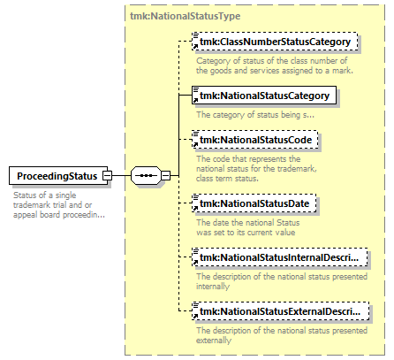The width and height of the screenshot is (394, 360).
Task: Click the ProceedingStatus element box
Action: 58,176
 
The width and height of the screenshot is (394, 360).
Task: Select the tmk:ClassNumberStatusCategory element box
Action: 275,42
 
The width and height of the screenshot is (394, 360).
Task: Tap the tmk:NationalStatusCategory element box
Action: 264,96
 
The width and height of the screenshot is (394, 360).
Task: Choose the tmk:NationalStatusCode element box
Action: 255,140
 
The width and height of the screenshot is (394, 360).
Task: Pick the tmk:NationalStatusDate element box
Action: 254,203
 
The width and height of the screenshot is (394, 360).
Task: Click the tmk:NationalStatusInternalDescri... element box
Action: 280,257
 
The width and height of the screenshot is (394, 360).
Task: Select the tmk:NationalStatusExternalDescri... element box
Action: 280,311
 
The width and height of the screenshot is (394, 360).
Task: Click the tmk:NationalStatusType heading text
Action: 186,16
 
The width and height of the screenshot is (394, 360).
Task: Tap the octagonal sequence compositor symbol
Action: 146,176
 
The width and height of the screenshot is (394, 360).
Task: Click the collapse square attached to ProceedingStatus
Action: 107,176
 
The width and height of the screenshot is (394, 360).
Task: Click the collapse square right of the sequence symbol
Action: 166,176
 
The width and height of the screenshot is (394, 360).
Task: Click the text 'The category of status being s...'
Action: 255,115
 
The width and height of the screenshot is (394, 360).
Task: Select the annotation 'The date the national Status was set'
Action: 248,227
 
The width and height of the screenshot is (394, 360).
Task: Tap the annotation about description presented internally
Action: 282,281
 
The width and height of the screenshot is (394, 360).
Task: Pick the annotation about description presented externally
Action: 282,335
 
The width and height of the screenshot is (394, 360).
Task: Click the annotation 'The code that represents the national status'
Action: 256,168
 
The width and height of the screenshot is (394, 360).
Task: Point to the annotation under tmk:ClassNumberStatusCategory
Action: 275,65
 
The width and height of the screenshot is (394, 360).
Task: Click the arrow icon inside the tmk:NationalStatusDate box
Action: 195,208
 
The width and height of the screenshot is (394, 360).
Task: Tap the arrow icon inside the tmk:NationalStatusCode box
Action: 195,144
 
